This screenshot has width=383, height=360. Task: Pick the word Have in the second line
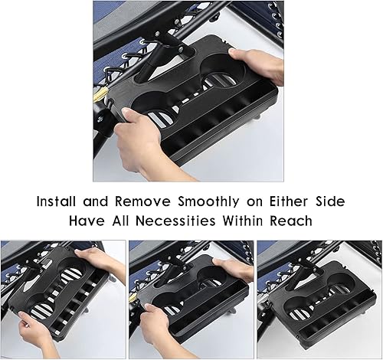[x=89, y=221]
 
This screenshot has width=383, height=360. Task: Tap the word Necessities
[x=183, y=221]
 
